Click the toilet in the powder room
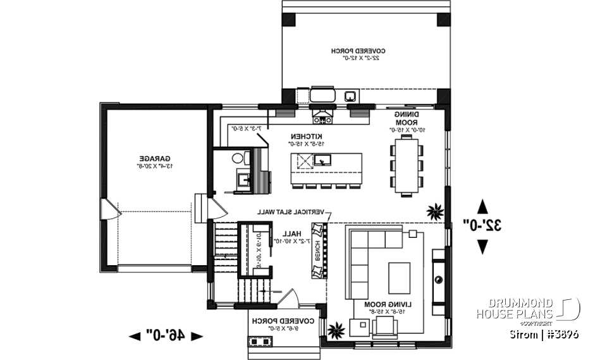[x=238, y=158]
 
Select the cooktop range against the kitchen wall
[x=322, y=116]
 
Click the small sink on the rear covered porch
[x=349, y=96]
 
